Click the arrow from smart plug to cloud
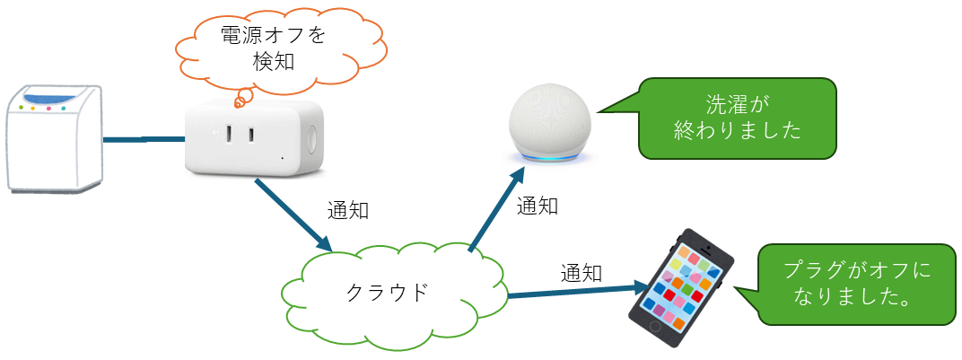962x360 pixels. point(293,215)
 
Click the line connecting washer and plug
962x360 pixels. point(144,139)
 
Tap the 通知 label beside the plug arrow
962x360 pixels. point(348,212)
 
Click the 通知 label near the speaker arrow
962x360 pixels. point(538,206)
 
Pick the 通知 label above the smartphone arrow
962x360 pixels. point(582,272)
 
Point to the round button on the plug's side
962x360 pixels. point(314,139)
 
